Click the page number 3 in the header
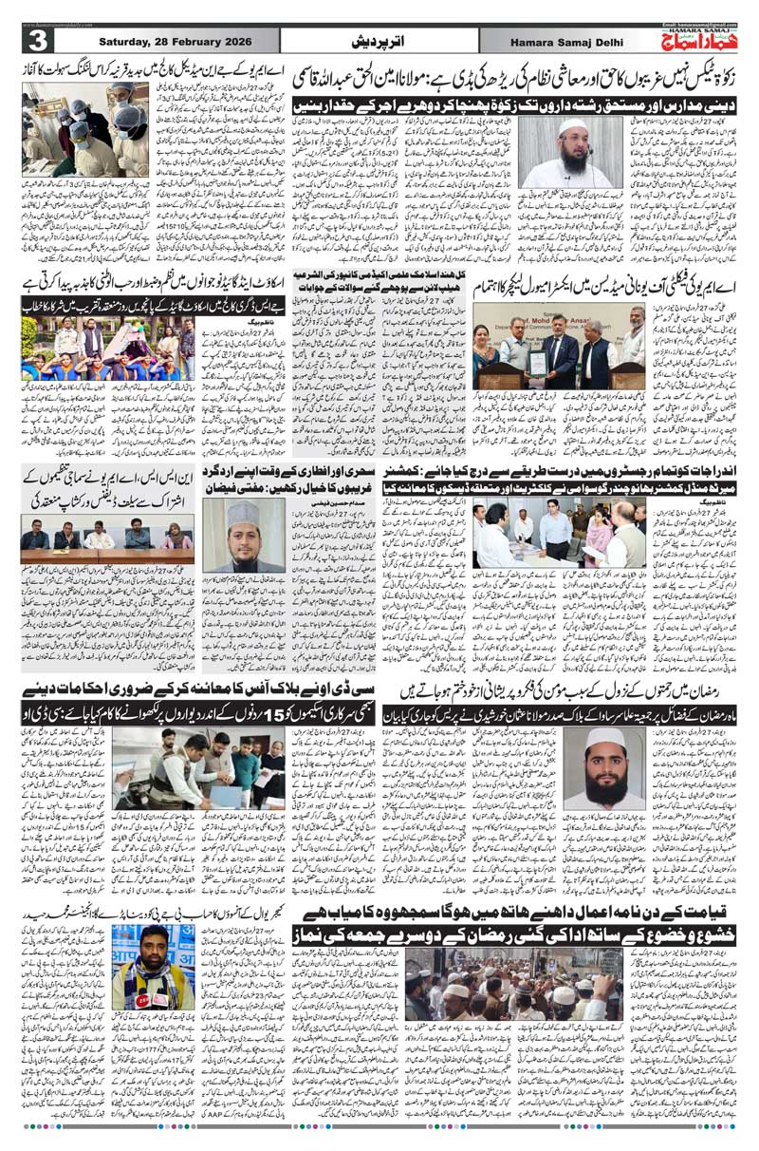click(41, 43)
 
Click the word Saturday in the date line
click(112, 41)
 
